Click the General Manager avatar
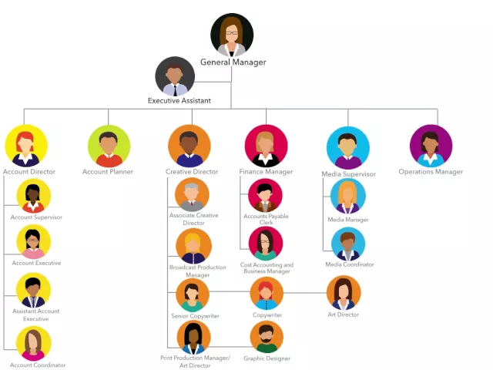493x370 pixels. [x=232, y=35]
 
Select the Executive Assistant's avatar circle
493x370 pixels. [x=175, y=76]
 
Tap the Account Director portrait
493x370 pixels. [x=26, y=146]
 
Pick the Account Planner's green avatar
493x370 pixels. [x=109, y=146]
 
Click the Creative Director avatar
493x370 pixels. [x=189, y=146]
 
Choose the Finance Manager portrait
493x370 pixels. [x=266, y=146]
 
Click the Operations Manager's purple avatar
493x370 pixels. [x=431, y=146]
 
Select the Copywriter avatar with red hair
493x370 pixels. [x=267, y=294]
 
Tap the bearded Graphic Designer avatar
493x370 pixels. [x=267, y=337]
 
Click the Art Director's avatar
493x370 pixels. [x=344, y=293]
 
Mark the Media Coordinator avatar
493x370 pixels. [x=348, y=244]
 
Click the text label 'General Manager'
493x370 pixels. [x=233, y=62]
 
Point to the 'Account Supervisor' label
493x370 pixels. [x=36, y=217]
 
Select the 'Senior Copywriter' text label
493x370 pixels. [x=195, y=316]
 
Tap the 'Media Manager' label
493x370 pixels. [x=348, y=220]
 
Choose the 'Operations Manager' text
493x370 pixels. [x=431, y=172]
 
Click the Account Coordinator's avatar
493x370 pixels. [x=34, y=343]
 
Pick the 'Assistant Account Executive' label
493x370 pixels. [x=35, y=314]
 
